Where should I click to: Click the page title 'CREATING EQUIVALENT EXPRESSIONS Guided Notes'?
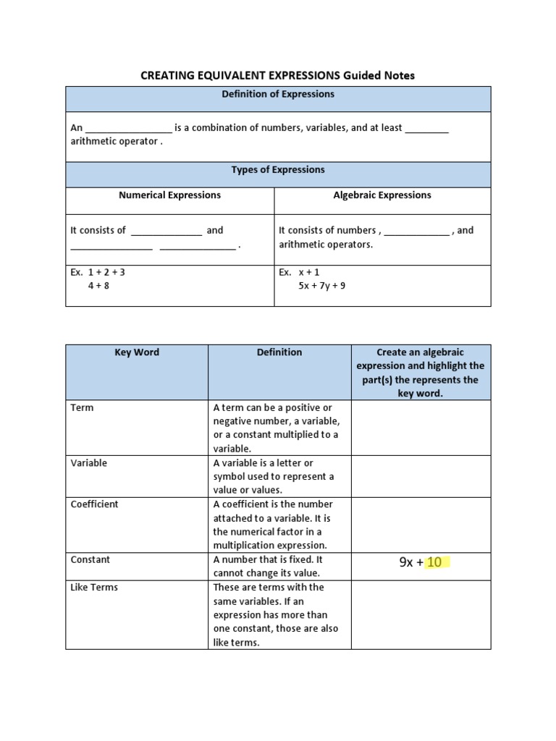[277, 75]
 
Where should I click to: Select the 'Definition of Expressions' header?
[277, 94]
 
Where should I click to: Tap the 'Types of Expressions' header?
[277, 170]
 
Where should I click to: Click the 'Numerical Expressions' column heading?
[169, 195]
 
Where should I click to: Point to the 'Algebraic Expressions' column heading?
[382, 195]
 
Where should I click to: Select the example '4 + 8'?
[98, 286]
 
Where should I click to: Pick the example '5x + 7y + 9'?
[321, 286]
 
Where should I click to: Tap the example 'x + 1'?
[309, 272]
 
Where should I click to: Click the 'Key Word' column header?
[137, 352]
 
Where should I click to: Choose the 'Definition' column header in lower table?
[279, 352]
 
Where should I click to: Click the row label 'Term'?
[82, 408]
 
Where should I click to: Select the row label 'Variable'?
[88, 463]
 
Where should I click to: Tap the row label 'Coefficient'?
[94, 504]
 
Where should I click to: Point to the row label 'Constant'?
[90, 560]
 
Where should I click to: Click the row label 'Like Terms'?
[94, 588]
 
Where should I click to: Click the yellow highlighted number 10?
[434, 562]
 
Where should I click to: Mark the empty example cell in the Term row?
[421, 428]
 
